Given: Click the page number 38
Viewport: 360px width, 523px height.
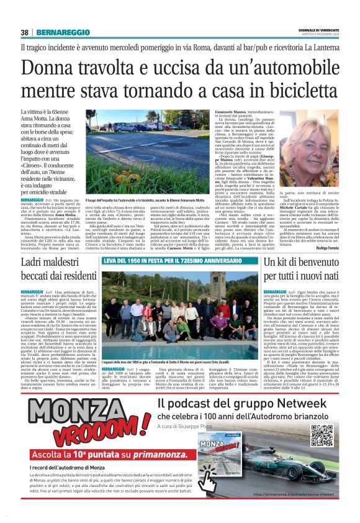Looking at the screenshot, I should coord(24,32).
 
